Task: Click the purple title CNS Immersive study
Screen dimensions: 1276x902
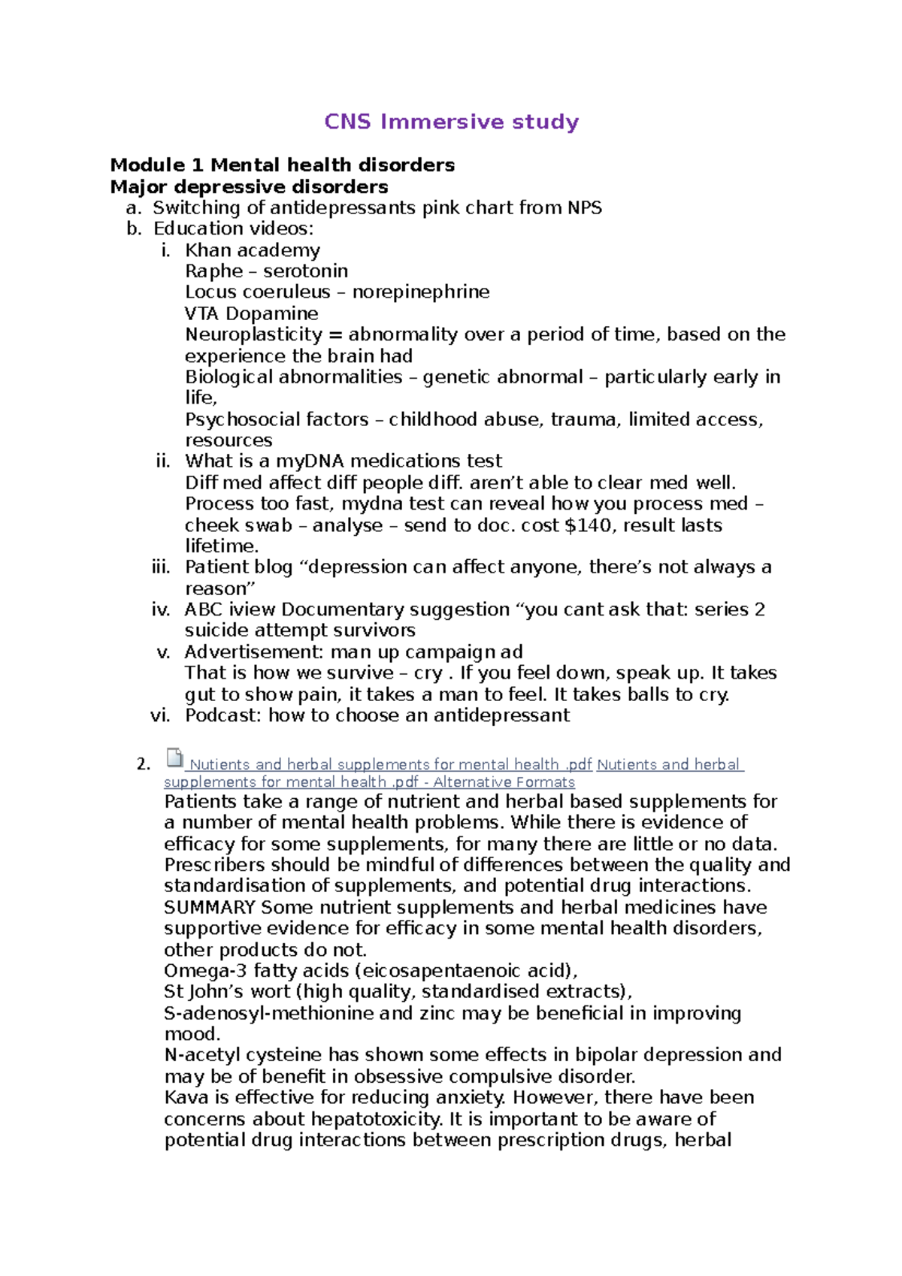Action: pyautogui.click(x=451, y=122)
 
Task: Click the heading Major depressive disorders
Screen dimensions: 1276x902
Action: pyautogui.click(x=249, y=186)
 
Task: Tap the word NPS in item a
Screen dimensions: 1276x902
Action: pyautogui.click(x=584, y=207)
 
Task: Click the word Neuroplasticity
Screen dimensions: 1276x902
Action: pyautogui.click(x=253, y=334)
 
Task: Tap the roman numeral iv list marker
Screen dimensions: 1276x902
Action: pyautogui.click(x=160, y=609)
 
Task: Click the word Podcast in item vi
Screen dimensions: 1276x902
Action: pyautogui.click(x=222, y=715)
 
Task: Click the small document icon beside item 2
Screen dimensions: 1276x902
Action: pyautogui.click(x=174, y=757)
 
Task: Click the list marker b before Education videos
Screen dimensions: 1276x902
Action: pyautogui.click(x=134, y=228)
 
